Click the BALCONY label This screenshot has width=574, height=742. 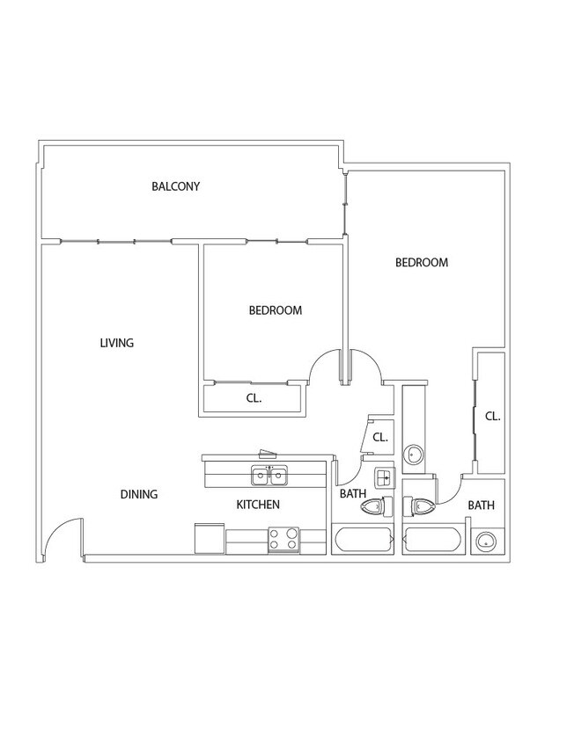click(x=175, y=186)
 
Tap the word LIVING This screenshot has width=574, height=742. click(x=116, y=343)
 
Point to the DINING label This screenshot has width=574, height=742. click(x=139, y=494)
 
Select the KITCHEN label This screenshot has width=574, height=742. click(x=258, y=505)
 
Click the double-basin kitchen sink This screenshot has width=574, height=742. click(x=269, y=476)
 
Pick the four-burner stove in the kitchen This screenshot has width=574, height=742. click(x=284, y=540)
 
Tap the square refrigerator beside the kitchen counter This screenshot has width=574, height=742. click(x=209, y=538)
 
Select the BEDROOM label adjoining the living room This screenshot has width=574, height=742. click(x=276, y=310)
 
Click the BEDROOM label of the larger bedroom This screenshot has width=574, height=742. click(x=422, y=262)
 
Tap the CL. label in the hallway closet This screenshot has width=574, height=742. click(x=380, y=437)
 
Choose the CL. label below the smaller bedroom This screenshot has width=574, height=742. click(x=254, y=398)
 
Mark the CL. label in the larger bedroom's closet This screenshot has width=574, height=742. click(x=492, y=417)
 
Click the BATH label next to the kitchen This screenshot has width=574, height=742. click(x=353, y=493)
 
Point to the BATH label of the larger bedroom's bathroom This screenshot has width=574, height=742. click(x=481, y=506)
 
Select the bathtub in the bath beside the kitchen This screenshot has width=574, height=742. click(x=363, y=539)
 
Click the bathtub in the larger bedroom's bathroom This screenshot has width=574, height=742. click(x=433, y=540)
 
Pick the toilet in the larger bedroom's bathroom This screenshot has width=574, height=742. click(x=419, y=507)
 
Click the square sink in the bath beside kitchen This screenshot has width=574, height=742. click(x=385, y=478)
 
